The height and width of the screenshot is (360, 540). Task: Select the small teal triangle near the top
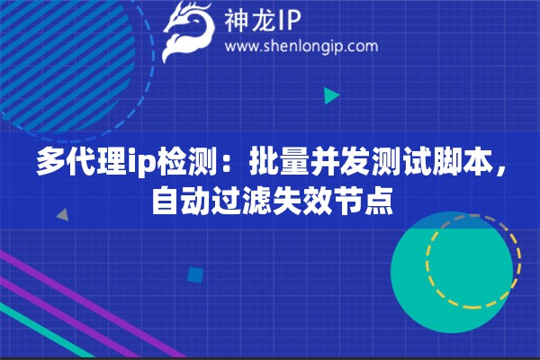coord(330,94)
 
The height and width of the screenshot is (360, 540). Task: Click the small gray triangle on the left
coord(63,215)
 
